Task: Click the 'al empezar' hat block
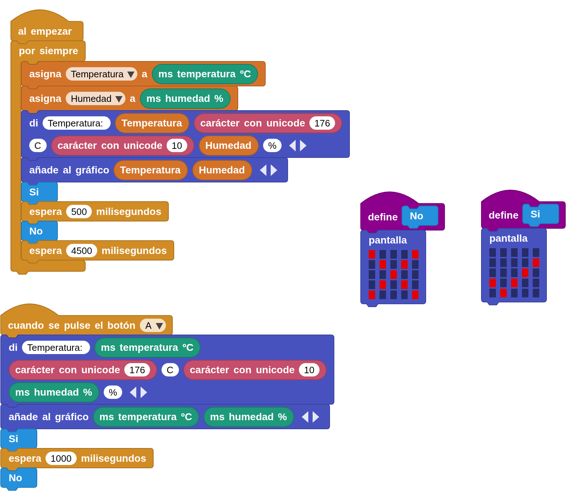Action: pyautogui.click(x=45, y=31)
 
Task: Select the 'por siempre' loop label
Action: pyautogui.click(x=48, y=51)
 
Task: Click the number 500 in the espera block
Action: pyautogui.click(x=79, y=212)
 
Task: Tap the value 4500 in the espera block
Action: pyautogui.click(x=81, y=251)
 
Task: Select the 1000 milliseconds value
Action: pyautogui.click(x=61, y=458)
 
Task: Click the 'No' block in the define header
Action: pyautogui.click(x=420, y=216)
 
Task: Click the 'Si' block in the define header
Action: pyautogui.click(x=540, y=214)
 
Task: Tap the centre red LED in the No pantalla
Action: pyautogui.click(x=393, y=274)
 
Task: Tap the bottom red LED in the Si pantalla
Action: pyautogui.click(x=503, y=293)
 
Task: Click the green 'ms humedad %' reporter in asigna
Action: pyautogui.click(x=185, y=99)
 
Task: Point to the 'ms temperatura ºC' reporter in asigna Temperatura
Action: pyautogui.click(x=205, y=74)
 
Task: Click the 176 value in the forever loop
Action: pyautogui.click(x=322, y=124)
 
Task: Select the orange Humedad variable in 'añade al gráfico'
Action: pyautogui.click(x=222, y=170)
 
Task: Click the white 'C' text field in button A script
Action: pyautogui.click(x=170, y=370)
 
